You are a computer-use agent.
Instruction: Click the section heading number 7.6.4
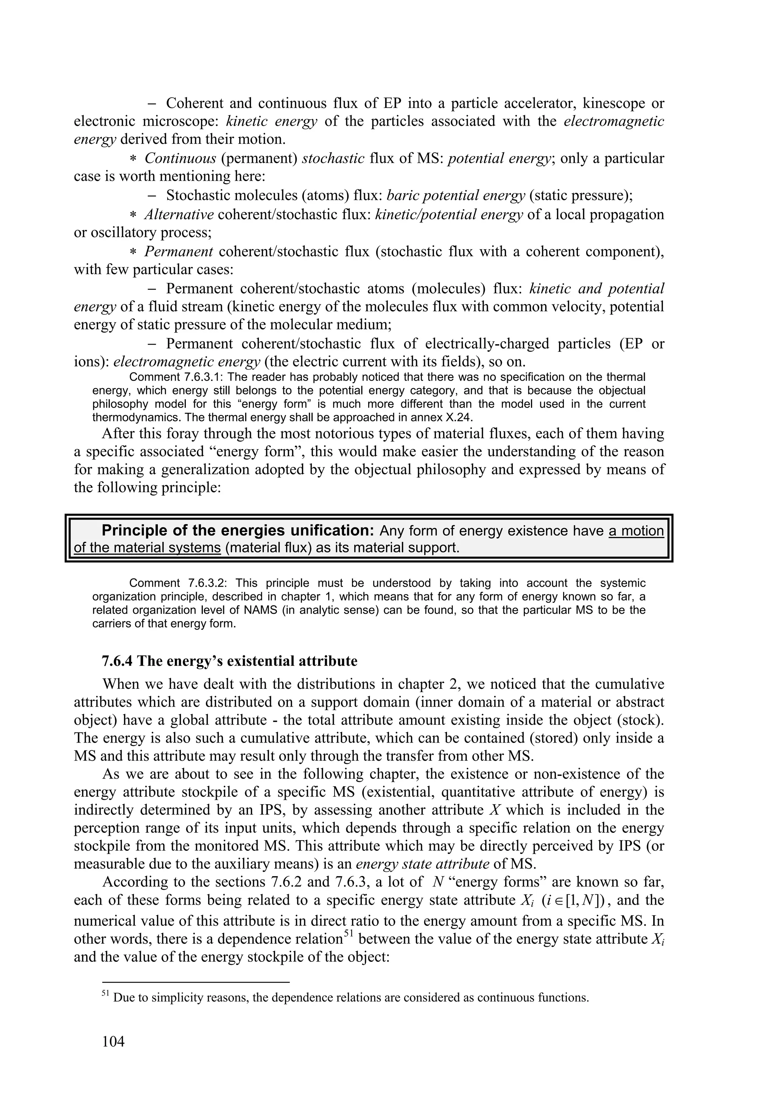pos(117,661)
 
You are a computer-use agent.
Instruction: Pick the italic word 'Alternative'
pos(179,215)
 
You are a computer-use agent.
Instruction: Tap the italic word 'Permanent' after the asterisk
pos(179,251)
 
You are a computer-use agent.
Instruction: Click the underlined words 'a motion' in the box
pos(636,531)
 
